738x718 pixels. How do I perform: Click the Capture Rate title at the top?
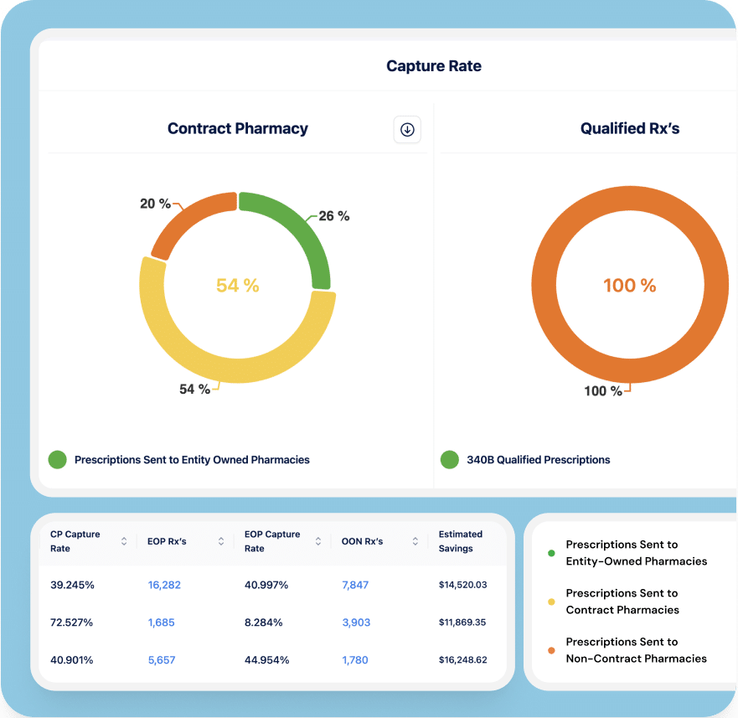tap(433, 66)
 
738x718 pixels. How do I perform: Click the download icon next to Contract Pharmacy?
tap(407, 129)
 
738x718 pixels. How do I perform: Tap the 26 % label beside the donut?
tap(333, 216)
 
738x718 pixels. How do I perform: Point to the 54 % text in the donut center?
tap(238, 286)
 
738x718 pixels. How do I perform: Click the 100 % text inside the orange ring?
tap(630, 286)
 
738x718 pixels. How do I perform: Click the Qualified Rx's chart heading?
tap(630, 129)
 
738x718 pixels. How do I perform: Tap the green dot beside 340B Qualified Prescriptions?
tap(450, 459)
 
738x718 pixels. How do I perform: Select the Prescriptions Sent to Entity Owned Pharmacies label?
tap(192, 460)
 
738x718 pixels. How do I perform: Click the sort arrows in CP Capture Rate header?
tap(124, 541)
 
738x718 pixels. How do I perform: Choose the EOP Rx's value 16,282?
tap(164, 585)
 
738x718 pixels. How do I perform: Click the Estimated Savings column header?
tap(461, 541)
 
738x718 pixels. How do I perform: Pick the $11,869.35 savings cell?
tap(462, 622)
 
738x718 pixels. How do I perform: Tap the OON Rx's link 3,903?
tap(355, 622)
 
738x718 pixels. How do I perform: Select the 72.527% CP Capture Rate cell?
tap(72, 622)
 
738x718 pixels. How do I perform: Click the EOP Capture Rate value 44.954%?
tap(266, 660)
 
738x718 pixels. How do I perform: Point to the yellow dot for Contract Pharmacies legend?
tap(551, 602)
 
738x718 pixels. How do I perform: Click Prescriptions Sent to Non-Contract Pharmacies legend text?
tap(636, 650)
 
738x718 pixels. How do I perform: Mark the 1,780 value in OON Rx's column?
tap(355, 660)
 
